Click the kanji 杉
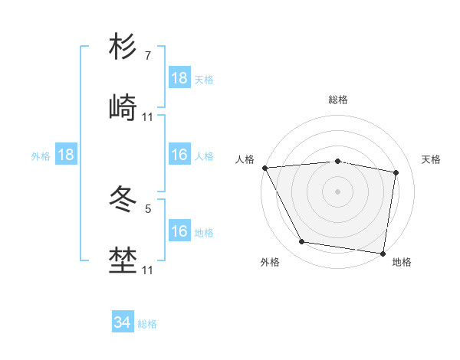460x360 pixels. tap(123, 47)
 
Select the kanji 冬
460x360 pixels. tap(123, 201)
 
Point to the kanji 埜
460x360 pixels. tap(123, 261)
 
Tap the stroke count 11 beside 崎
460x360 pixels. tap(148, 117)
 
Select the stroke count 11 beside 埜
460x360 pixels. tap(148, 270)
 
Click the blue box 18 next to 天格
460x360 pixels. tap(179, 78)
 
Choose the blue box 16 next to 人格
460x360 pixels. tap(179, 155)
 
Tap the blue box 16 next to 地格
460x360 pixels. tap(179, 231)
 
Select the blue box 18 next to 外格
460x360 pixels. tap(66, 155)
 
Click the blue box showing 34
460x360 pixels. tap(122, 323)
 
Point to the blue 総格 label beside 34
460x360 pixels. tap(147, 325)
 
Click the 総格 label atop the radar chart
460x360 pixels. tap(338, 100)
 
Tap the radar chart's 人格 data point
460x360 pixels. tap(264, 168)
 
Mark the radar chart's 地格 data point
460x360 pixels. tap(383, 252)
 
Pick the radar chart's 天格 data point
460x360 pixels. tap(396, 173)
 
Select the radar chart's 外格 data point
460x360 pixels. tap(302, 242)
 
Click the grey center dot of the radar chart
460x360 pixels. tap(338, 191)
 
